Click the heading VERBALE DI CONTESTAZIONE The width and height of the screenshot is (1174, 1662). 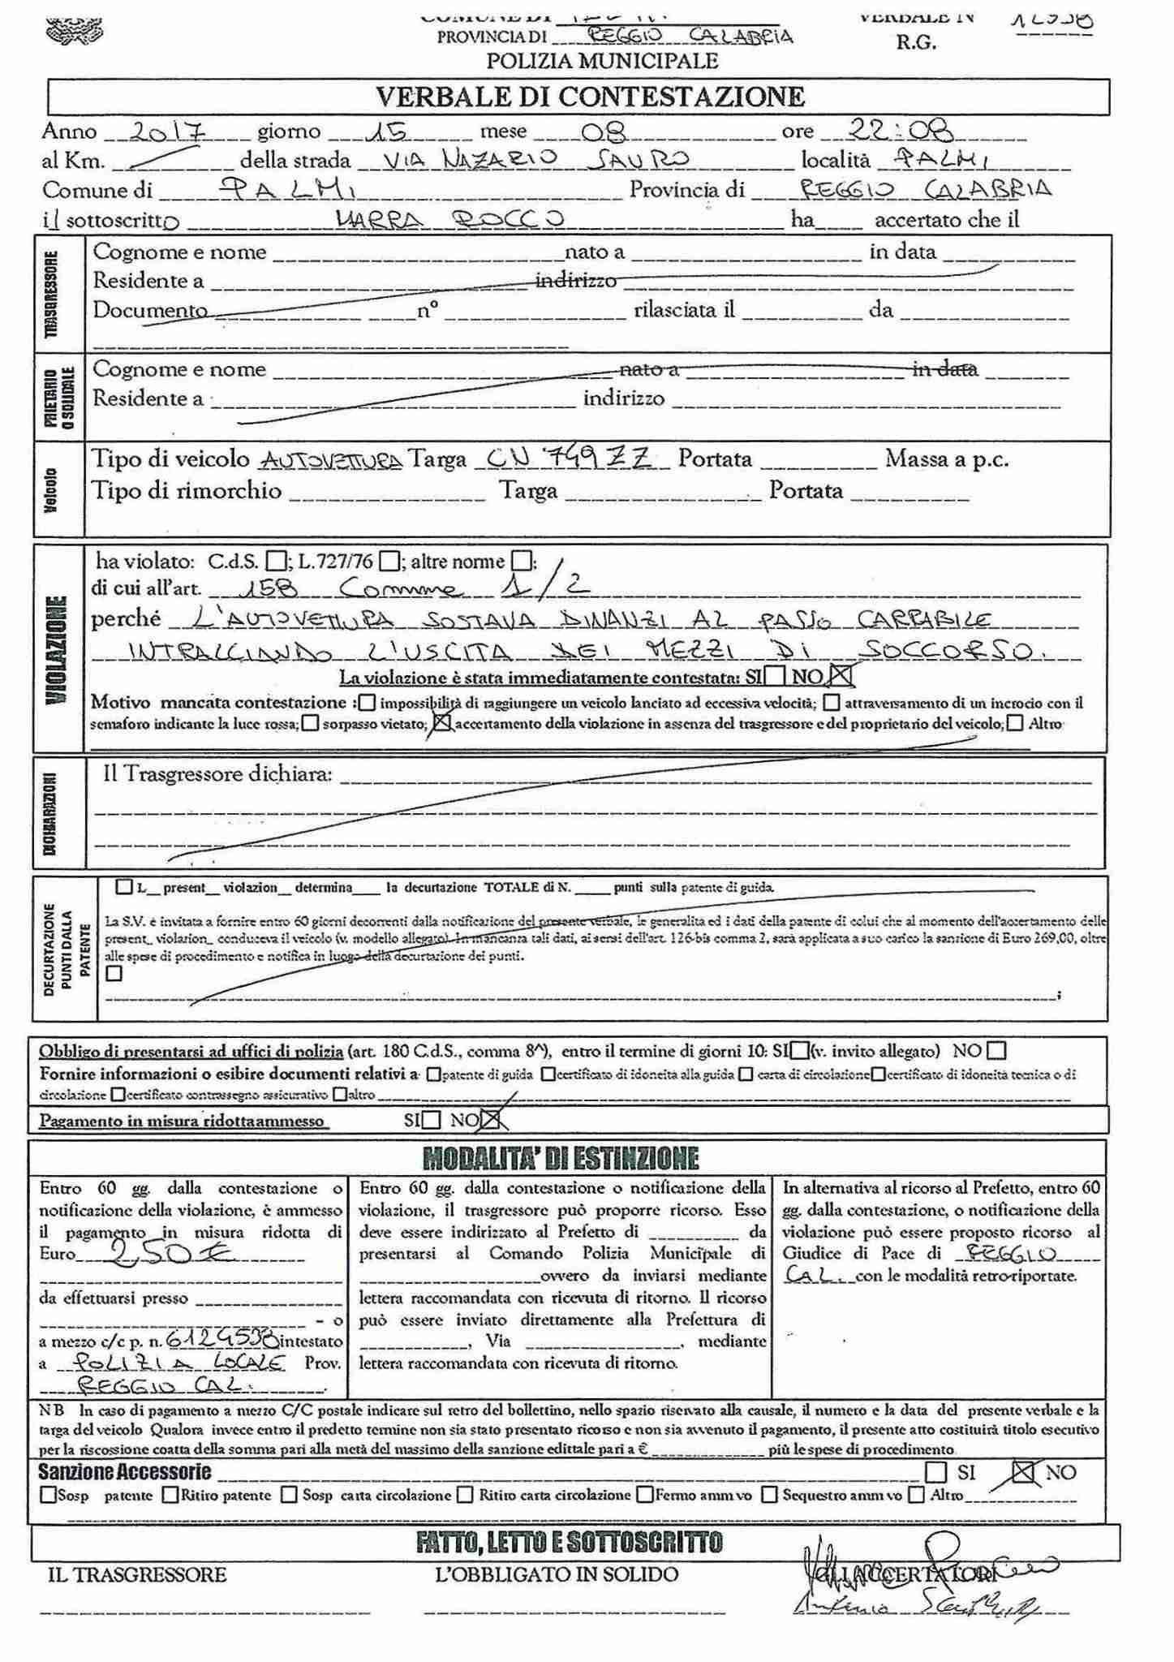click(x=590, y=97)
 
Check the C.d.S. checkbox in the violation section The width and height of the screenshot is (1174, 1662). click(x=277, y=561)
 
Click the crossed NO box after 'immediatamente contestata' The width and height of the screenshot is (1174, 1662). click(x=843, y=675)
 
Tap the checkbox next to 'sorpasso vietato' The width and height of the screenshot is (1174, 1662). click(x=309, y=724)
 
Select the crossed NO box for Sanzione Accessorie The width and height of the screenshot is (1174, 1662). click(x=1025, y=1471)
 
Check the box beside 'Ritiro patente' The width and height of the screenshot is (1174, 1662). click(x=170, y=1494)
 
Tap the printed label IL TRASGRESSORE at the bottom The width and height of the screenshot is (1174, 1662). click(x=137, y=1575)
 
